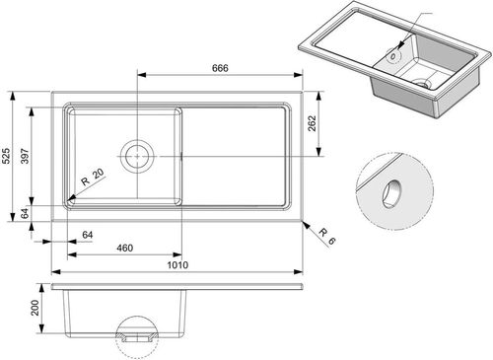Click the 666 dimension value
pos(220,68)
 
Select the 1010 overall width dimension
pos(177,265)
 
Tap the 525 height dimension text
pos(6,156)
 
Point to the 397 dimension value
pos(25,156)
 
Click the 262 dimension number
pos(312,123)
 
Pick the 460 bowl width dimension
pos(125,248)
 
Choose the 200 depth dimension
pos(35,308)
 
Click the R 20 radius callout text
pos(93,177)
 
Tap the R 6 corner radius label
pos(327,237)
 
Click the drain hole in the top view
pos(137,156)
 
